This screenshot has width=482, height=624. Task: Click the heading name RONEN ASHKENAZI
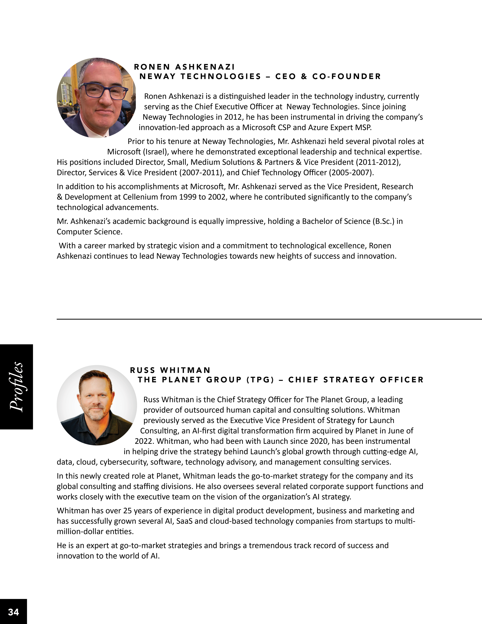point(184,67)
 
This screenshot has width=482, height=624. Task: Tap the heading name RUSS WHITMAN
point(170,370)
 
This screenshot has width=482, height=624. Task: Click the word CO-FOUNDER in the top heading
point(347,77)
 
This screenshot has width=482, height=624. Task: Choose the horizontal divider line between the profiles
point(268,319)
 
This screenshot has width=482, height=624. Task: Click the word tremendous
point(270,545)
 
